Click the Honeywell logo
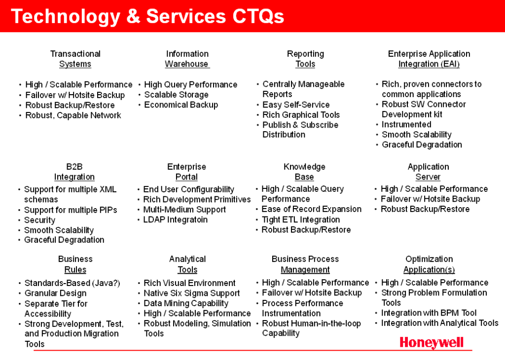(x=432, y=343)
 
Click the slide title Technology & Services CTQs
(x=147, y=16)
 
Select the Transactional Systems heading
(x=75, y=59)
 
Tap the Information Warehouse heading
(x=187, y=59)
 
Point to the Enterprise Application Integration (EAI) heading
(x=429, y=59)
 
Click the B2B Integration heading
(x=74, y=172)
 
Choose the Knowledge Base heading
(x=304, y=172)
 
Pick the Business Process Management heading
(x=305, y=264)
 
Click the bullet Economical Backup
(x=181, y=105)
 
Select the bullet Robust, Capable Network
(x=73, y=115)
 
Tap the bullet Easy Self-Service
(x=296, y=105)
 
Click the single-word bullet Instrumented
(x=406, y=124)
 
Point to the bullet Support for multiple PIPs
(x=71, y=210)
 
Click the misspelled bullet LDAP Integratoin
(x=175, y=219)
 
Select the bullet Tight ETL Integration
(x=300, y=219)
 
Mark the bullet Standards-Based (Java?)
(x=72, y=283)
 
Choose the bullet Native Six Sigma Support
(x=192, y=293)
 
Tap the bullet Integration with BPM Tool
(x=429, y=313)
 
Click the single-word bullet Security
(x=39, y=220)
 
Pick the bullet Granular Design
(x=55, y=293)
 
